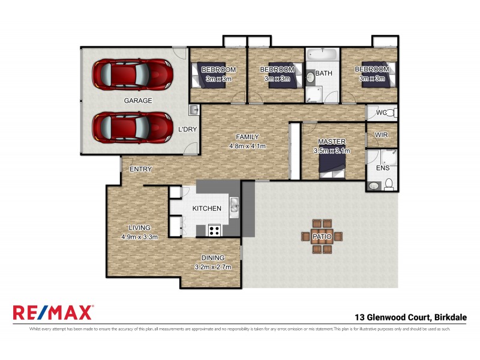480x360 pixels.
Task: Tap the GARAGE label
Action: coord(137,101)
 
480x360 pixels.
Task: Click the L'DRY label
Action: coord(188,129)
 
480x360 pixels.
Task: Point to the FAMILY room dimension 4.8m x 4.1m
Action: coord(247,146)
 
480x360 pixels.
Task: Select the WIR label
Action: coord(382,136)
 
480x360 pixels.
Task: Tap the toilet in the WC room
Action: coord(389,113)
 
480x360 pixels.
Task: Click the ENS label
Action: coord(382,168)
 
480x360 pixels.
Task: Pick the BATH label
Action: coord(324,74)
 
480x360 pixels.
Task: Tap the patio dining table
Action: coord(322,236)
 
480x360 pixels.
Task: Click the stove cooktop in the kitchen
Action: coord(214,229)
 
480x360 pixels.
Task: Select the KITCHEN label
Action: coord(206,208)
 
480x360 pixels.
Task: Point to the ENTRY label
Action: coord(140,169)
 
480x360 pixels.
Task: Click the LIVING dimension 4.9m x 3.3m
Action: coord(139,236)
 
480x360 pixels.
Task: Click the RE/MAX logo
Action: coord(53,313)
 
